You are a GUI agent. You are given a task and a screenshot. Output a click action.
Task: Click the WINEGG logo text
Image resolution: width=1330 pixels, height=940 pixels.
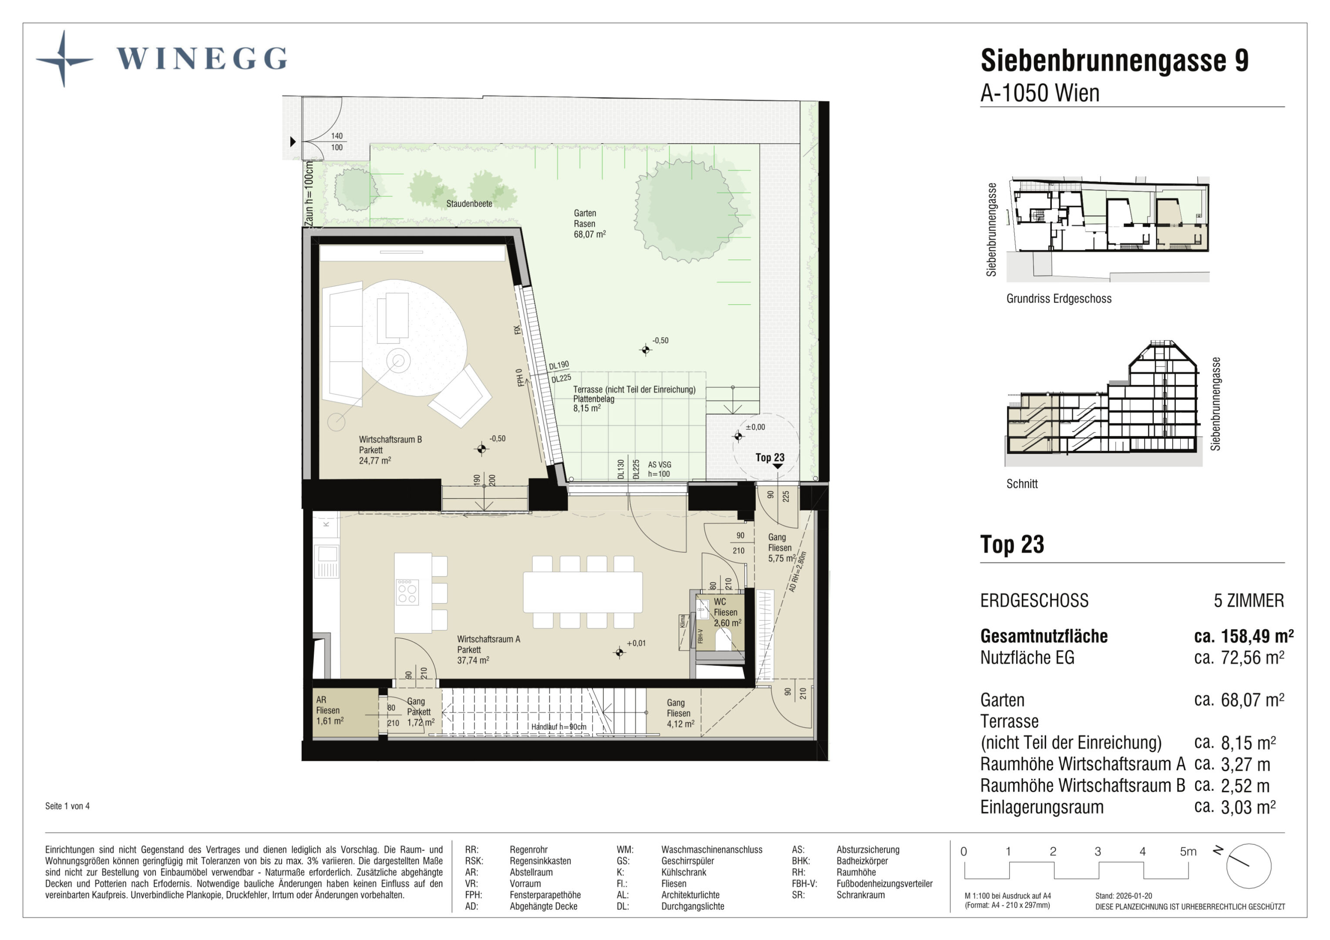pos(202,58)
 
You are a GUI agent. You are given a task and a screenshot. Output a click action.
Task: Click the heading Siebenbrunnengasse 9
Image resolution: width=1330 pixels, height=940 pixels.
pos(1115,60)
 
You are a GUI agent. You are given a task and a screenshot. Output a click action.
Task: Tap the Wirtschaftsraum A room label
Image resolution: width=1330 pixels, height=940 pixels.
pos(488,649)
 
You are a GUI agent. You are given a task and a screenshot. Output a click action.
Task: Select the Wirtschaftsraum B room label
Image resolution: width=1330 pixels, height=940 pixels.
pos(390,450)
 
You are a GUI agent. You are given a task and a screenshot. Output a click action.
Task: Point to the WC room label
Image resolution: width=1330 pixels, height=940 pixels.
pos(727,612)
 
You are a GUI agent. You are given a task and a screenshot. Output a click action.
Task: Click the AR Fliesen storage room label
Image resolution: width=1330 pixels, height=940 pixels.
pos(330,710)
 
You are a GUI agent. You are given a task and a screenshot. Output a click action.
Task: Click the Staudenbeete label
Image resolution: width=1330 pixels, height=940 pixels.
pos(469,204)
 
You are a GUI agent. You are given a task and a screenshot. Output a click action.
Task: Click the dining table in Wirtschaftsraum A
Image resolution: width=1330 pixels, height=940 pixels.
pos(583,592)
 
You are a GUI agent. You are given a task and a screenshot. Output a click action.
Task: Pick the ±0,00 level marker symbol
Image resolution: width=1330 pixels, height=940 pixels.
pos(738,436)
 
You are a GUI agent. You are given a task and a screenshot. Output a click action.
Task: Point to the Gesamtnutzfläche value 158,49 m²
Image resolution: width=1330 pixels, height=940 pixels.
pos(1244,636)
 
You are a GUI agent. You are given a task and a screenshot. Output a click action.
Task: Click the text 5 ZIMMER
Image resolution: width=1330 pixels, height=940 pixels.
pos(1249,601)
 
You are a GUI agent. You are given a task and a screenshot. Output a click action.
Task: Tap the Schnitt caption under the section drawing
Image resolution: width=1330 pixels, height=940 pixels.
pos(1022,483)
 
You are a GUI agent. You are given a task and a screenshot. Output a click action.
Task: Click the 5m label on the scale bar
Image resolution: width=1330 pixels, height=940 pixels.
pos(1188,851)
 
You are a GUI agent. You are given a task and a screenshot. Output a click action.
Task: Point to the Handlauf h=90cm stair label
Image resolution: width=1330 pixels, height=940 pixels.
pos(559,727)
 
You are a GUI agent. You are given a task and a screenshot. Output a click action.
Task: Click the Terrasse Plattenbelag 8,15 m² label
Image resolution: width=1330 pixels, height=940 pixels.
pos(634,399)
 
